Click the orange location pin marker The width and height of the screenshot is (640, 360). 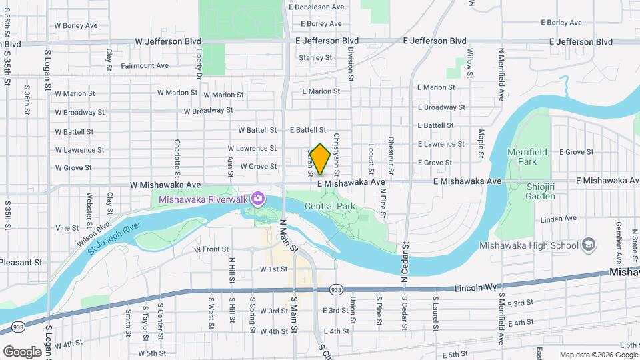320,159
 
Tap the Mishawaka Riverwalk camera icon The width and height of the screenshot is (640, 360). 258,199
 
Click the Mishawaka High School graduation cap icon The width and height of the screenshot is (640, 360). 588,245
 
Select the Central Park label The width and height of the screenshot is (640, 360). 329,207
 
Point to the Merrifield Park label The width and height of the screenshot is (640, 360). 527,157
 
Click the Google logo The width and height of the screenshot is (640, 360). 23,351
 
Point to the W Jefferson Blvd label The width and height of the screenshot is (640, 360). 167,41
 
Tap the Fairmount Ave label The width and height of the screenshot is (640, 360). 144,66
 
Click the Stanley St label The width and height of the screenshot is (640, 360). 315,58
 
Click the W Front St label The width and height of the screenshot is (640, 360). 211,249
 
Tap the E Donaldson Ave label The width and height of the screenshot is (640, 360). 316,7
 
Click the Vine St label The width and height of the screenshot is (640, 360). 67,228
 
